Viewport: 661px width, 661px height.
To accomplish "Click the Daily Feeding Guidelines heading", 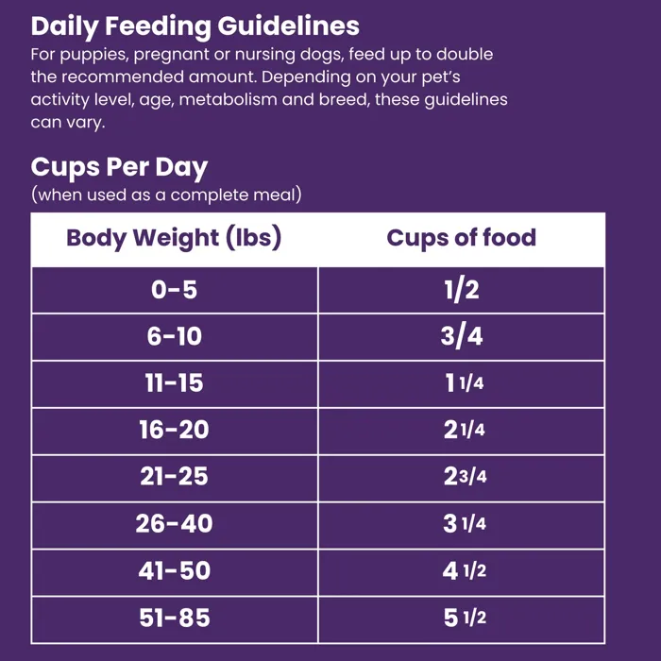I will pos(195,26).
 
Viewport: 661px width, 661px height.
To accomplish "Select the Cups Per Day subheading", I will pos(119,167).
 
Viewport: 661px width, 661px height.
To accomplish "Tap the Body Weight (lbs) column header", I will pos(174,238).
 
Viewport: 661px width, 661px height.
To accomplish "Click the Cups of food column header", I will pos(461,238).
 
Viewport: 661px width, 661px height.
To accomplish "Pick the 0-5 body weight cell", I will pos(174,290).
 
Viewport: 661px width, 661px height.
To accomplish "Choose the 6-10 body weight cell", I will pos(174,337).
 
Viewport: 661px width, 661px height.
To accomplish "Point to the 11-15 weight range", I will pos(174,383).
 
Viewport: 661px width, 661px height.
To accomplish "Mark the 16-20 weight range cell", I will pos(174,431).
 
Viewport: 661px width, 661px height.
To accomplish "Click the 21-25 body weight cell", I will pos(174,477).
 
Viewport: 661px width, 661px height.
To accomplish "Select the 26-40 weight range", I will pos(174,524).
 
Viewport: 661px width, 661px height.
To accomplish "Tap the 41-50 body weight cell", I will pos(174,571).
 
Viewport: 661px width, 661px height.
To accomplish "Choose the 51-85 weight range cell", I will pos(174,619).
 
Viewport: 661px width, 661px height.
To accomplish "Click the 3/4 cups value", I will pos(462,337).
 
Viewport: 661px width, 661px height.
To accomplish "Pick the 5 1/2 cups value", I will pos(464,619).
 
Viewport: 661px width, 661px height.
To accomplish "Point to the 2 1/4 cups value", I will pos(464,431).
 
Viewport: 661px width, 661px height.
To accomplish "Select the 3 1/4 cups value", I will pos(464,524).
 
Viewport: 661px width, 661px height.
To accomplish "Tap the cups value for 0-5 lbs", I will pos(462,290).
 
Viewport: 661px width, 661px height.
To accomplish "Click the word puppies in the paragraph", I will pos(92,54).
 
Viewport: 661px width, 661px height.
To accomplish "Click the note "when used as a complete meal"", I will pos(166,195).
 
